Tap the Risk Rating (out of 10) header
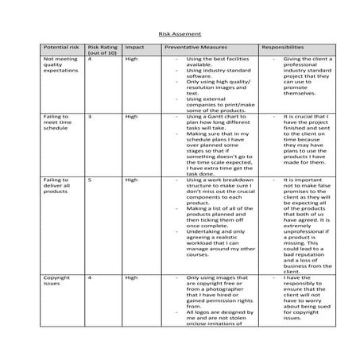tap(101, 51)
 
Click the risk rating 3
tap(90, 116)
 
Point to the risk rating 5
tap(90, 180)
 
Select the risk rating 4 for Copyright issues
tap(90, 277)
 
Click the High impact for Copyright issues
tap(132, 277)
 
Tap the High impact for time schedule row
tap(132, 116)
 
